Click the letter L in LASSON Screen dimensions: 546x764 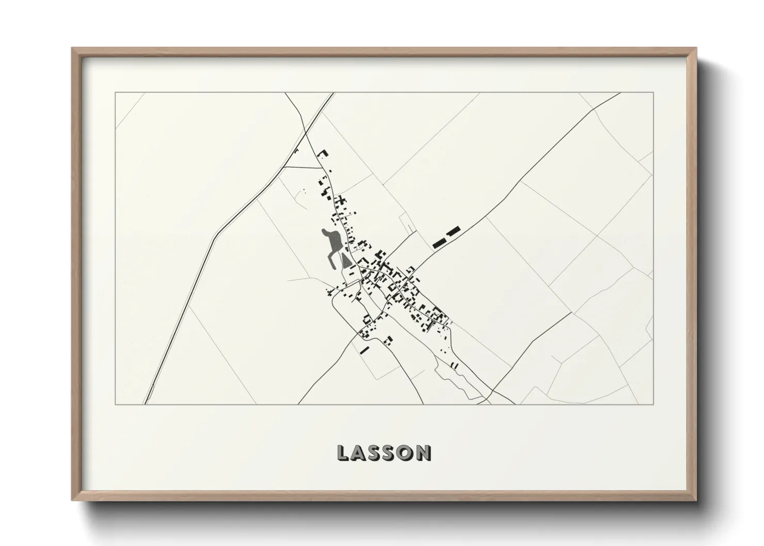click(343, 453)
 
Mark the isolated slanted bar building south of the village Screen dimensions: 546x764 click(364, 350)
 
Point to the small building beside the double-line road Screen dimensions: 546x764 click(296, 151)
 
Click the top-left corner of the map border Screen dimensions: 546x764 click(115, 93)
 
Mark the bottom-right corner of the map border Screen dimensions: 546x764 click(654, 404)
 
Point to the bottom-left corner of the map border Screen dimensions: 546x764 click(115, 404)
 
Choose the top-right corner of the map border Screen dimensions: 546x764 click(654, 93)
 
